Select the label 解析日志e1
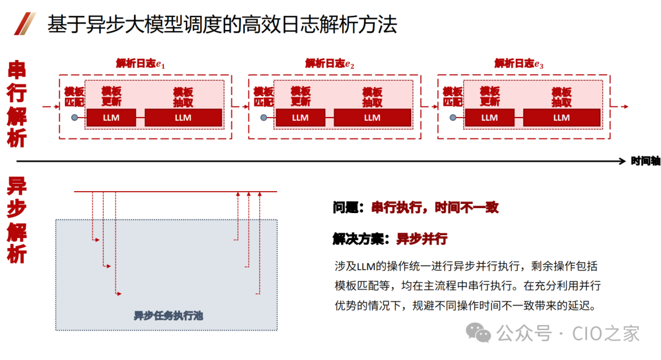pos(141,64)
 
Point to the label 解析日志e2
pos(330,64)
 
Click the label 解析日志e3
pos(520,64)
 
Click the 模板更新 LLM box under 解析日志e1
pos(111,118)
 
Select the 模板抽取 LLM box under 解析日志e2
pos(372,118)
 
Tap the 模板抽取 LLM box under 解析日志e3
pos(561,118)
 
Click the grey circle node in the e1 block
pos(75,118)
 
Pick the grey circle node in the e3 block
pos(453,118)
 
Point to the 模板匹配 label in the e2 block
pos(263,97)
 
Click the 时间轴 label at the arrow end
pos(645,161)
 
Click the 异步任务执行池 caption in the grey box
pos(168,316)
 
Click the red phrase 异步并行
pos(422,239)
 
